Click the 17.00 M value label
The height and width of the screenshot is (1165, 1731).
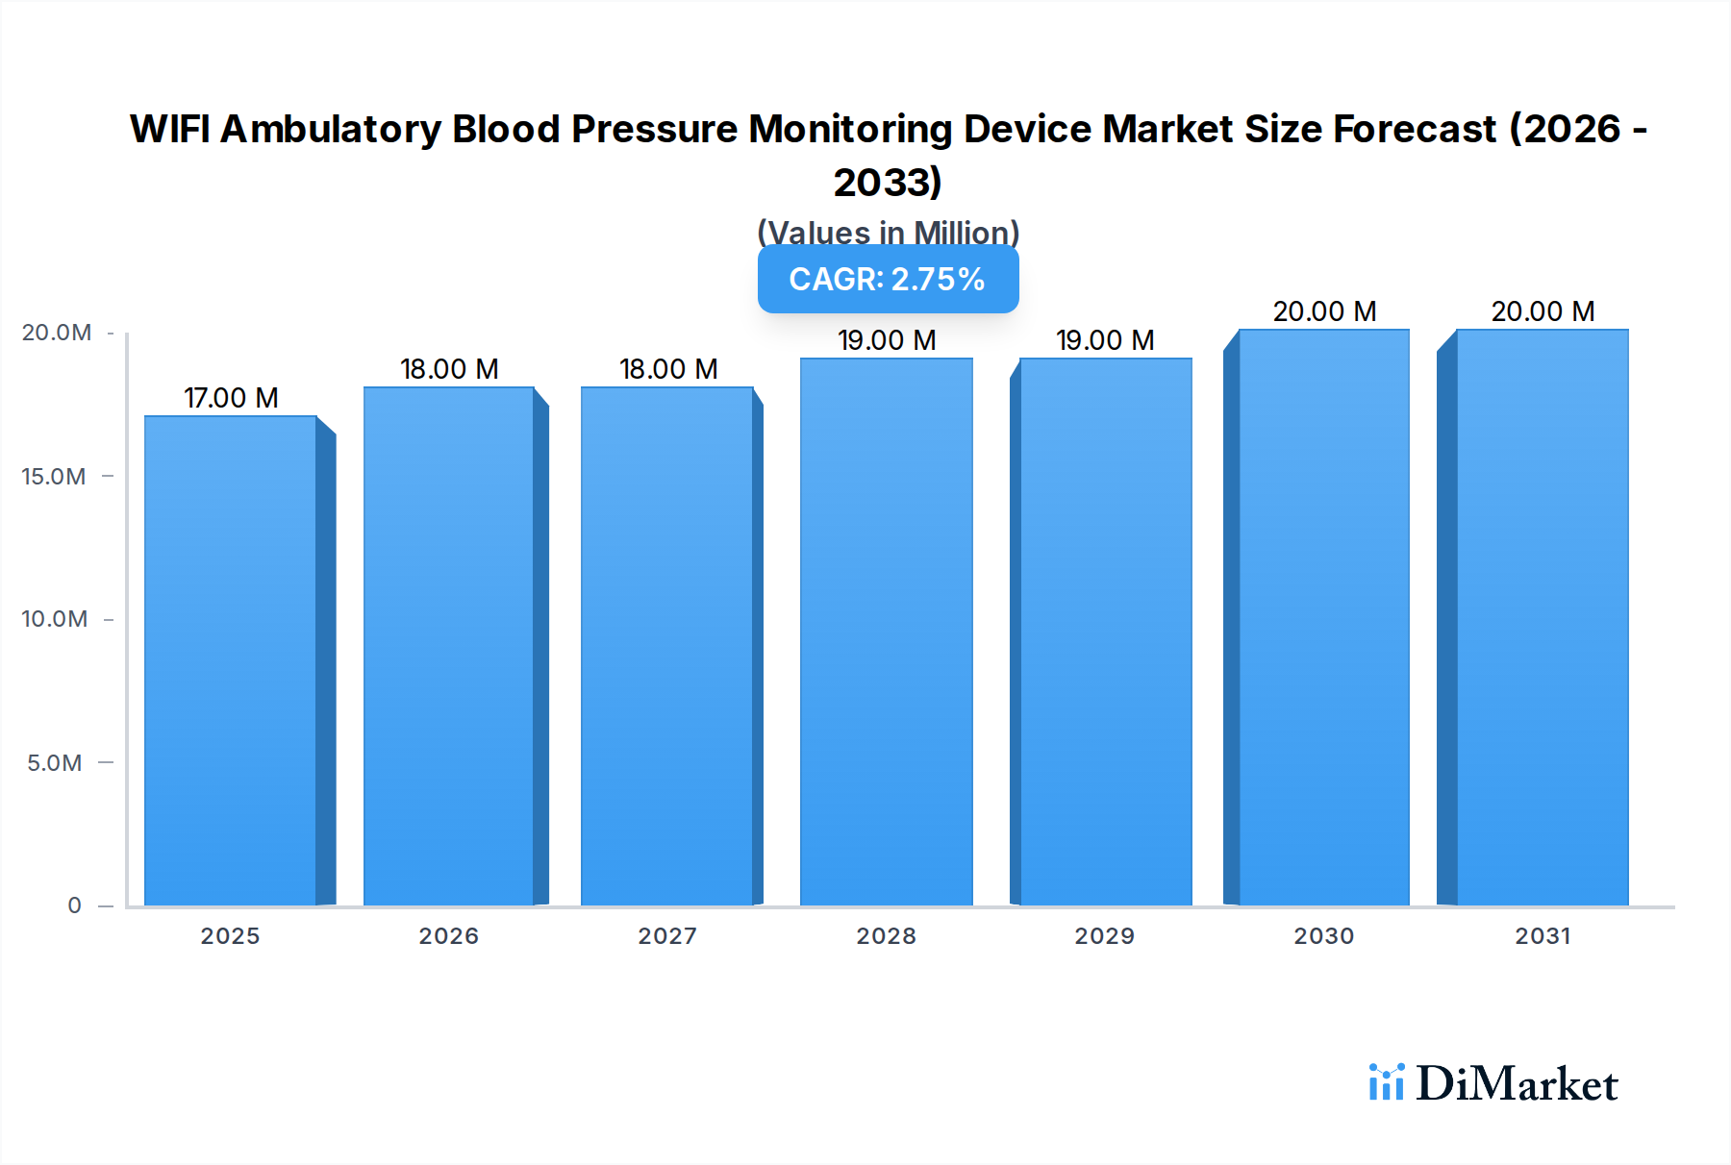[231, 398]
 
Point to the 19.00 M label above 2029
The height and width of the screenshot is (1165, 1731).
[1105, 340]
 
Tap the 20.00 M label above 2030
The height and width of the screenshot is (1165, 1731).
[1324, 311]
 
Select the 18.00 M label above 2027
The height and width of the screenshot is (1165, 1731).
[668, 369]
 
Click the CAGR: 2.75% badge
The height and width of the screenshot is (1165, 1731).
[888, 279]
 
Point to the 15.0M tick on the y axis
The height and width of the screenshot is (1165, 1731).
[54, 477]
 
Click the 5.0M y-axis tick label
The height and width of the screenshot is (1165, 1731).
[55, 763]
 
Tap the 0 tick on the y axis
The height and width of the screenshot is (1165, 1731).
[74, 905]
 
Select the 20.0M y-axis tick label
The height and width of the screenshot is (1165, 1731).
[57, 333]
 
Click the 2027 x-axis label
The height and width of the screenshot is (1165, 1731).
[667, 936]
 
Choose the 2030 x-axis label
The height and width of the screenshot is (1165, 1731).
[1323, 936]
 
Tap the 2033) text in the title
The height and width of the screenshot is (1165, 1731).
[888, 183]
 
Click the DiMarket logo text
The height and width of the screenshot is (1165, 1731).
[1517, 1084]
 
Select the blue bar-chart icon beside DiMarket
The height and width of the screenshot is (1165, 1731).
[1386, 1082]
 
